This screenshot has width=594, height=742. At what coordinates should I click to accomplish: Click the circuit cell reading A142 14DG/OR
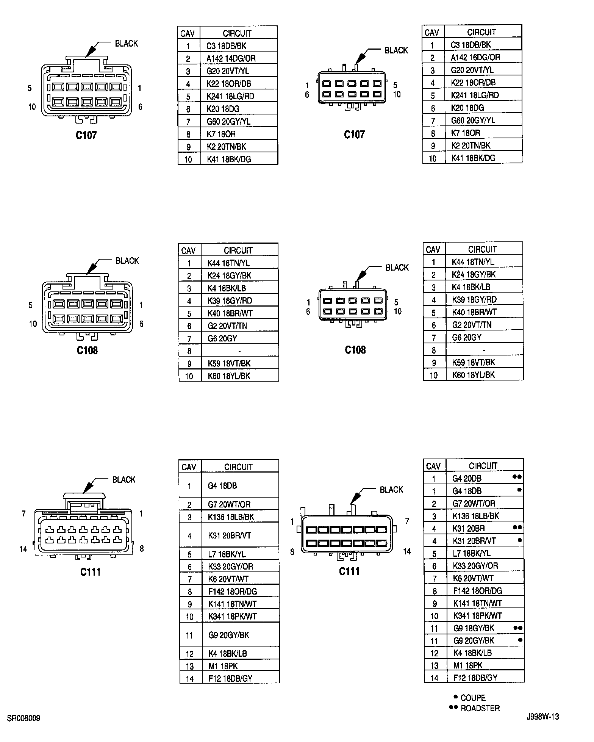[231, 59]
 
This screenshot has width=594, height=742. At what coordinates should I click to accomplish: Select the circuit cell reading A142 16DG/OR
[475, 58]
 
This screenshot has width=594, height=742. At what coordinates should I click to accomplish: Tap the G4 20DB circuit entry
[467, 479]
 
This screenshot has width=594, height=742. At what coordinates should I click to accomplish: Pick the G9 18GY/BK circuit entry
[474, 628]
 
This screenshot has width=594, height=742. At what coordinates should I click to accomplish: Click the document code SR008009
[23, 718]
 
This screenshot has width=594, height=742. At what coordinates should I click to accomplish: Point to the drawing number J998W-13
[542, 717]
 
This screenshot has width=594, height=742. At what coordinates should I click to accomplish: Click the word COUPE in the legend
[473, 698]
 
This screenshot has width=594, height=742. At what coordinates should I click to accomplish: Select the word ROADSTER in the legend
[480, 708]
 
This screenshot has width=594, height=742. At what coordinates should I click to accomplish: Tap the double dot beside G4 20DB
[517, 477]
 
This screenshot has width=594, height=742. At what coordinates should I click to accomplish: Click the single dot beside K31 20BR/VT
[519, 540]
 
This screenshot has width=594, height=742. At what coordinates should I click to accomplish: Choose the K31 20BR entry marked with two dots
[469, 529]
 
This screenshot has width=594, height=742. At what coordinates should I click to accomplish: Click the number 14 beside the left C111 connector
[23, 549]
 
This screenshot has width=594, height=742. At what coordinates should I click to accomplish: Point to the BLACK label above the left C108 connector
[127, 261]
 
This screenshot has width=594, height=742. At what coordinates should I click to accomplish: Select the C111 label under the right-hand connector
[349, 571]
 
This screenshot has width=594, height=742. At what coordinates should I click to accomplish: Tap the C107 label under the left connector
[86, 135]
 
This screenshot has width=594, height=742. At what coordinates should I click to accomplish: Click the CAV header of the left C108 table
[189, 251]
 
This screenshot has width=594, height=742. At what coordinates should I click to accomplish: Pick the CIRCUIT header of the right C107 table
[481, 32]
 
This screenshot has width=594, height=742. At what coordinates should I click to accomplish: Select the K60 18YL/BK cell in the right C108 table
[474, 375]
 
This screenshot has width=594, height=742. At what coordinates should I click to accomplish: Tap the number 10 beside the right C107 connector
[397, 94]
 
